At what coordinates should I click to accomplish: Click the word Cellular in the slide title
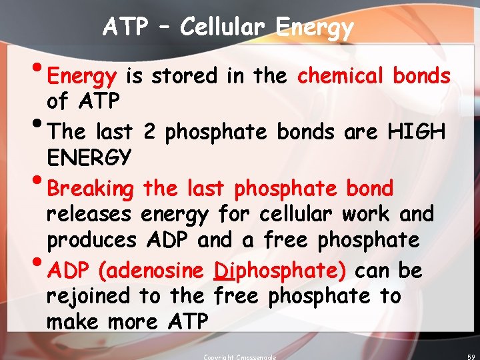(x=223, y=27)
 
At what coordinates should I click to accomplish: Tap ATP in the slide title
(x=126, y=27)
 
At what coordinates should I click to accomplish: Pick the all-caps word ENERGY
(x=89, y=158)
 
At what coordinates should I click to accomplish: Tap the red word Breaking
(x=91, y=189)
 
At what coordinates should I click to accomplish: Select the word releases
(x=89, y=215)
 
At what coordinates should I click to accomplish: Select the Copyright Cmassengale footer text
(x=239, y=357)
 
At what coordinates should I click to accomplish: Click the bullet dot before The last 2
(x=37, y=125)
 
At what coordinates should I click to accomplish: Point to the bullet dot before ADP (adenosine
(x=37, y=264)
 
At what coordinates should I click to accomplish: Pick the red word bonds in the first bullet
(x=421, y=76)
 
